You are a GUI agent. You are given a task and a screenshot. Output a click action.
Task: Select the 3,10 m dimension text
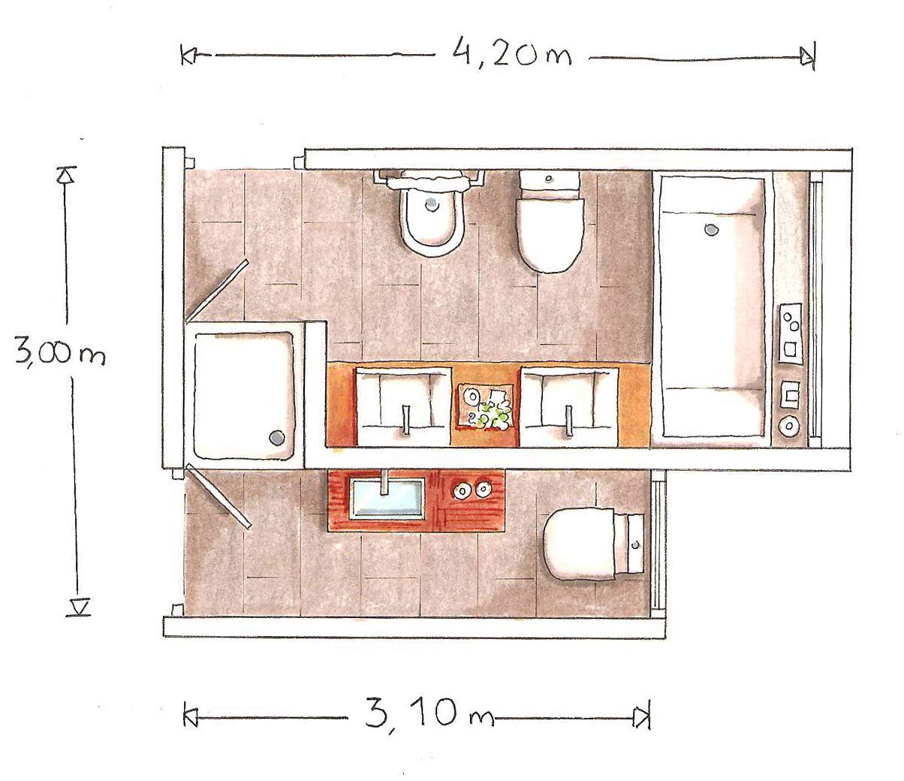[x=429, y=714]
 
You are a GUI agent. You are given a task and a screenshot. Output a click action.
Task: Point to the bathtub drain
[x=710, y=228]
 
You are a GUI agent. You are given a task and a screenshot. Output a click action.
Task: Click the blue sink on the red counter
[x=386, y=498]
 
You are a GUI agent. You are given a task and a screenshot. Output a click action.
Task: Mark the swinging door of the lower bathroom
[x=218, y=496]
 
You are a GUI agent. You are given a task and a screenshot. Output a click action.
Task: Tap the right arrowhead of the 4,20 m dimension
[x=808, y=56]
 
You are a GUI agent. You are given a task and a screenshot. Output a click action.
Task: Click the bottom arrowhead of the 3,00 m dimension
[x=78, y=606]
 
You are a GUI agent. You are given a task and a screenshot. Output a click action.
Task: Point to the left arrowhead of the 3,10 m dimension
[x=189, y=717]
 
